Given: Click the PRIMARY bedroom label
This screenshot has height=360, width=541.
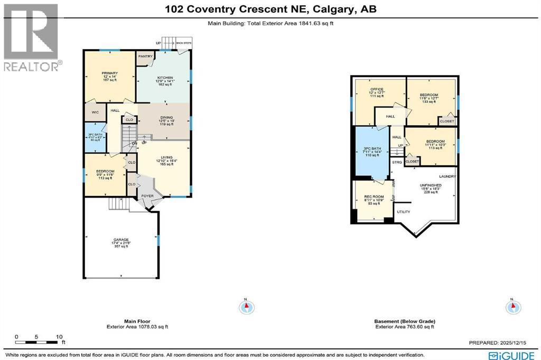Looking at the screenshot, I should click(x=110, y=73).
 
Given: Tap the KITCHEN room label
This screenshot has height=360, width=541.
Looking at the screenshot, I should click(x=165, y=78).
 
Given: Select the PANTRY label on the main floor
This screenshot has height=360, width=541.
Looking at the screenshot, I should click(x=145, y=56).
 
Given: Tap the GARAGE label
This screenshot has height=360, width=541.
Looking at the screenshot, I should click(x=121, y=240).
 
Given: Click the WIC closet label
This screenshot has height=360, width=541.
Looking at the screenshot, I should click(x=95, y=112).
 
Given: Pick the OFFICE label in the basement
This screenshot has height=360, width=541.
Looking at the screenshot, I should click(x=376, y=89).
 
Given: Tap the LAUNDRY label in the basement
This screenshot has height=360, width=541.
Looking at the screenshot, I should click(x=447, y=176).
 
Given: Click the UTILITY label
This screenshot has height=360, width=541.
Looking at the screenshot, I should click(x=404, y=212).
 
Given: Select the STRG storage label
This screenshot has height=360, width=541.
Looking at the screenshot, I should click(x=397, y=162).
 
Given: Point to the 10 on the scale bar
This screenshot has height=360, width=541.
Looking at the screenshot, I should click(x=59, y=336).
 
